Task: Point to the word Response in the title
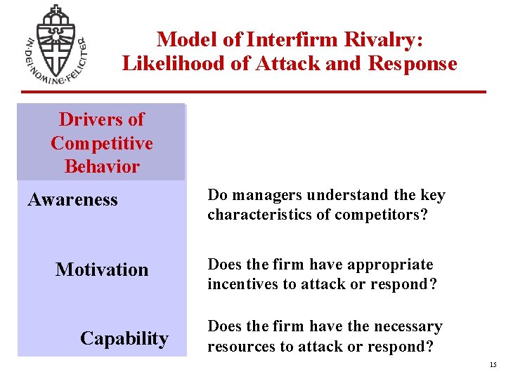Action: (412, 64)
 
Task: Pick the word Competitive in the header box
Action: (102, 143)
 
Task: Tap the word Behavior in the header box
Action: (102, 167)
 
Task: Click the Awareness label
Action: (72, 200)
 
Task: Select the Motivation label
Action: (102, 270)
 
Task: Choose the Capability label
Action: (124, 339)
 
